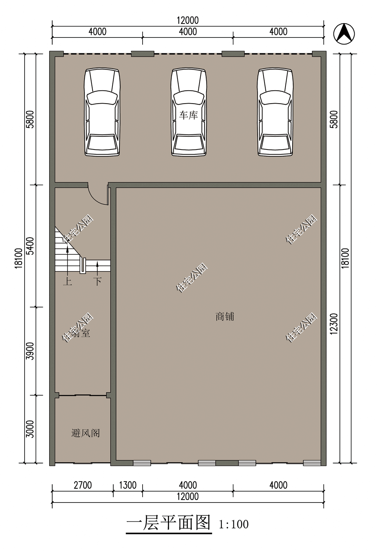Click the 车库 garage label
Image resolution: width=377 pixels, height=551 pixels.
(x=188, y=115)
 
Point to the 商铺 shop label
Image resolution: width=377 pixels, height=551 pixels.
(x=225, y=316)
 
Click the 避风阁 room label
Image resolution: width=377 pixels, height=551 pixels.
(x=85, y=433)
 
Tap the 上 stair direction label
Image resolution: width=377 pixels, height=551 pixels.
(x=67, y=282)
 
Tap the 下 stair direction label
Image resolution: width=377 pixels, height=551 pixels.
(x=97, y=282)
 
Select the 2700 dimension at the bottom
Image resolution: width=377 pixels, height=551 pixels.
(x=82, y=485)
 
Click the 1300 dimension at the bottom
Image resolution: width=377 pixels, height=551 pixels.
(x=127, y=485)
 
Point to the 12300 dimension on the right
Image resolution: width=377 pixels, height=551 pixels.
(x=334, y=324)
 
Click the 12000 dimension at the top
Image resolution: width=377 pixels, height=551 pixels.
(x=188, y=21)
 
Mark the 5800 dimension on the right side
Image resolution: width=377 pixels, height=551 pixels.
(x=334, y=118)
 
